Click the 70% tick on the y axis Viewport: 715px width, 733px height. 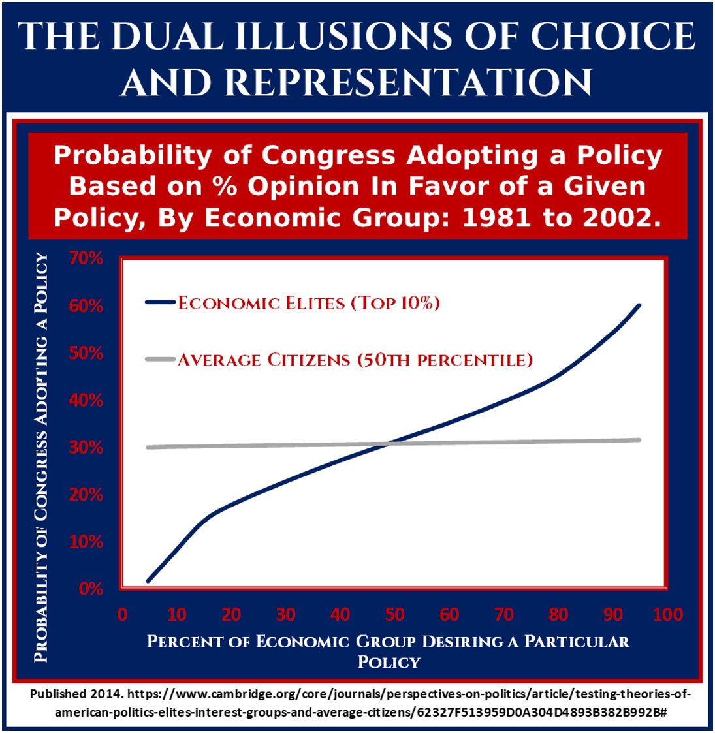point(86,259)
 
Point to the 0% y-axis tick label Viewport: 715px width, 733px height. point(90,589)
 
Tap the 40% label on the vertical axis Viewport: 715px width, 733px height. point(86,400)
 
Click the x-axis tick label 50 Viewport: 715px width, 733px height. point(394,614)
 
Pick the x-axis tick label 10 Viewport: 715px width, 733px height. point(176,614)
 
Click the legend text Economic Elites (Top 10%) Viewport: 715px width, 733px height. point(309,303)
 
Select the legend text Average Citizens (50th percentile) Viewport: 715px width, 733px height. point(355,360)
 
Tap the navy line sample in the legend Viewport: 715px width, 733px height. point(160,302)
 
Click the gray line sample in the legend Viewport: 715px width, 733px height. point(160,359)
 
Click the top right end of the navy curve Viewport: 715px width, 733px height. point(639,305)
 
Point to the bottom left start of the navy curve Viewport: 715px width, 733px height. point(149,580)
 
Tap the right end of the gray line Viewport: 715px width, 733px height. point(639,439)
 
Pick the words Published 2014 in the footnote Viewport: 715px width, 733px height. point(76,694)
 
